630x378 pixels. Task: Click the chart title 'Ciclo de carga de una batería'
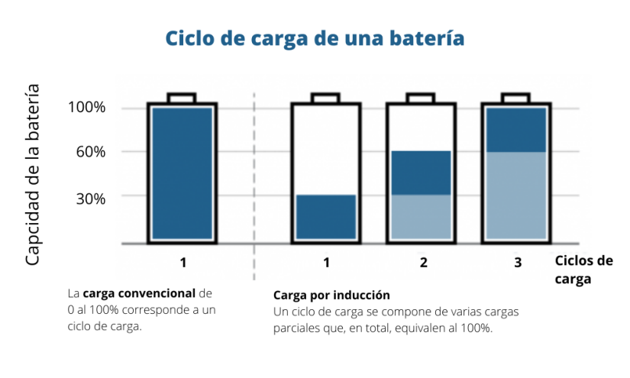click(x=315, y=38)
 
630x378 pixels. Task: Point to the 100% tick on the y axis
click(x=86, y=108)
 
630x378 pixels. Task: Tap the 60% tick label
click(x=90, y=152)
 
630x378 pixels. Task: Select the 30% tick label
click(x=90, y=198)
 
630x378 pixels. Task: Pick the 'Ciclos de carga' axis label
click(x=583, y=270)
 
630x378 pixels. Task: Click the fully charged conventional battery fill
click(x=182, y=173)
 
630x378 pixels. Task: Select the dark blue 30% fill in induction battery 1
click(x=326, y=217)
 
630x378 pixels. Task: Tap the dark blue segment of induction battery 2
click(x=421, y=173)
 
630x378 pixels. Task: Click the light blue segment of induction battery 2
click(x=421, y=217)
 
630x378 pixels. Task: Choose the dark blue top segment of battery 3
click(x=516, y=130)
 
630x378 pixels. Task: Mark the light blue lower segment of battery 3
click(x=516, y=195)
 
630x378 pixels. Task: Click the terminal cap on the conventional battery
click(x=182, y=98)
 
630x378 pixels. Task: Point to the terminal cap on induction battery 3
click(x=516, y=98)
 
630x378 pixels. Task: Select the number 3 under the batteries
click(x=518, y=263)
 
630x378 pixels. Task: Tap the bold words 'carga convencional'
click(x=139, y=293)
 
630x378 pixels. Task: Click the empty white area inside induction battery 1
click(x=326, y=150)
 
